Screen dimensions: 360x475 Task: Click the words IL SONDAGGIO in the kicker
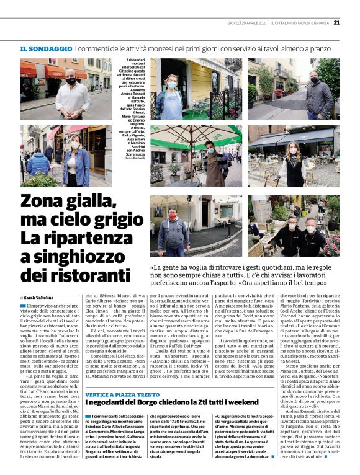46,48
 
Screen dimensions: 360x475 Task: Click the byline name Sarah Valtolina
44,298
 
